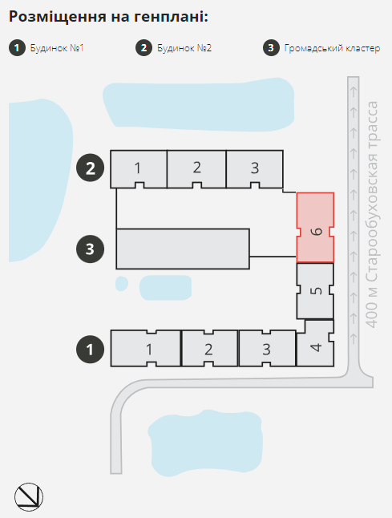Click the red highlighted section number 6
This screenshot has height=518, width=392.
(x=315, y=228)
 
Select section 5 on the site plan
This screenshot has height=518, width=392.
(x=315, y=291)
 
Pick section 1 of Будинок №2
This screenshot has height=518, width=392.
(x=139, y=168)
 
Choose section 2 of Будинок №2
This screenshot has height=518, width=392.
(x=197, y=168)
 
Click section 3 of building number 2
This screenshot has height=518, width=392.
(x=255, y=168)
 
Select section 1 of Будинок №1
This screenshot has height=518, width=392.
(x=146, y=349)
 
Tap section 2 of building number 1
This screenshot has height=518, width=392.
(x=209, y=349)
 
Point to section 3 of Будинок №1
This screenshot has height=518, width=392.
(x=267, y=349)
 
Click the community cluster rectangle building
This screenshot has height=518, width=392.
(x=183, y=249)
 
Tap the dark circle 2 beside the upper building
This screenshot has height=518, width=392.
(x=90, y=168)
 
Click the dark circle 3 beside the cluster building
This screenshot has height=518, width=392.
(x=90, y=249)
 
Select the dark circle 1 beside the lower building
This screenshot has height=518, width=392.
(x=90, y=349)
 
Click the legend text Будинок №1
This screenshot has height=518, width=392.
(x=57, y=48)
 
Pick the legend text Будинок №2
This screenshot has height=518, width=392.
(x=184, y=48)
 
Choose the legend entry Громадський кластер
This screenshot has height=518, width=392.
(x=332, y=48)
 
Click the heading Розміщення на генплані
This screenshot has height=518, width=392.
(x=108, y=17)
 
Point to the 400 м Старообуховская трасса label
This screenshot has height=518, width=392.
(x=373, y=214)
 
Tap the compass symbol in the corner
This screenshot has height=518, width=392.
(x=29, y=497)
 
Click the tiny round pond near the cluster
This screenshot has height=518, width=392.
(x=122, y=283)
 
